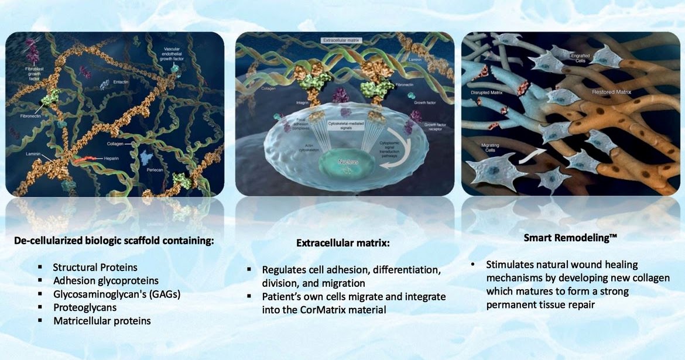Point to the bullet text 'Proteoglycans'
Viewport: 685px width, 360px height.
click(x=85, y=307)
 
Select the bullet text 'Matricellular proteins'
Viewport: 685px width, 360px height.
click(x=102, y=321)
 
